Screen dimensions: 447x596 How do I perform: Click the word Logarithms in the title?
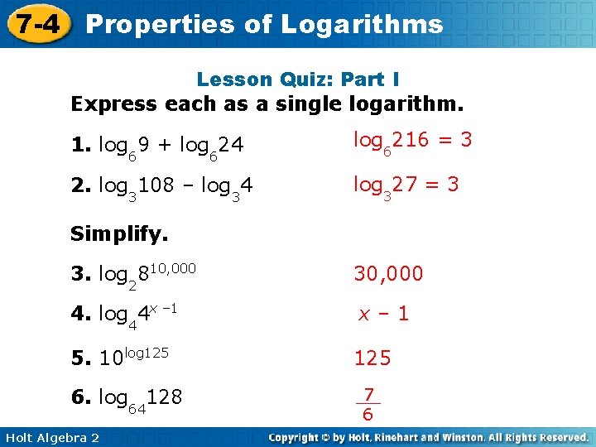click(x=362, y=24)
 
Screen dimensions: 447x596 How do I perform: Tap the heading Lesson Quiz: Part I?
click(x=298, y=80)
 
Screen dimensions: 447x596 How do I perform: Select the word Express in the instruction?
click(x=115, y=105)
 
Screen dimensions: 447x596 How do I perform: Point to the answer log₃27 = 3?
click(x=406, y=184)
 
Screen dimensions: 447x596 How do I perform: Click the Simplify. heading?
click(x=119, y=234)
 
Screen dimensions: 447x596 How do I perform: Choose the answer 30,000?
click(x=388, y=273)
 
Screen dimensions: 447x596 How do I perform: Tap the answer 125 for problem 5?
click(x=372, y=358)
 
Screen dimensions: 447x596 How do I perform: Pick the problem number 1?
click(x=80, y=146)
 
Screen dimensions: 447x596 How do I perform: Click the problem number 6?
click(x=80, y=397)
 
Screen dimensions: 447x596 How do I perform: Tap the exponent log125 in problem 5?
click(x=147, y=352)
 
